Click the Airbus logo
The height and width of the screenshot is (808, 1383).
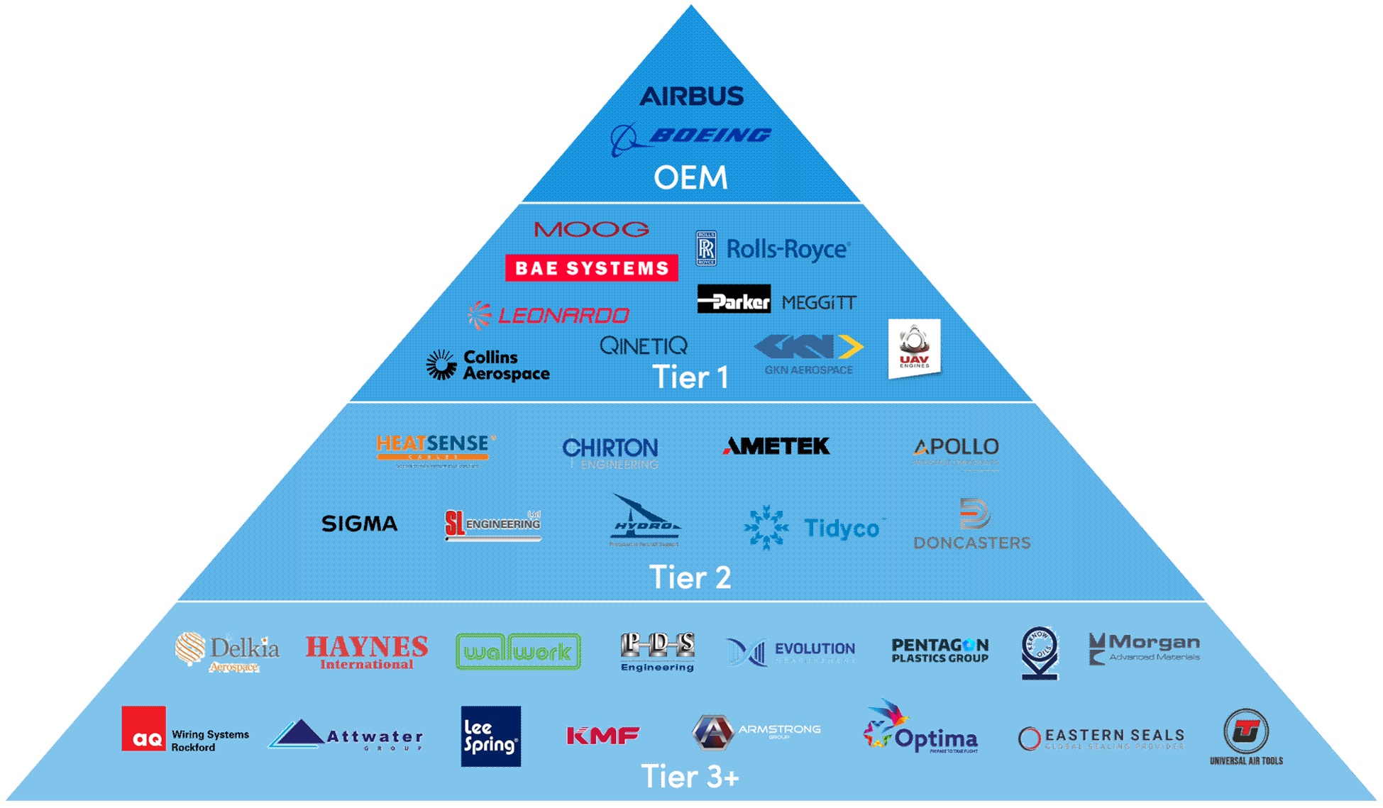(x=691, y=96)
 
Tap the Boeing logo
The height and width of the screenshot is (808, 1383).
(x=691, y=137)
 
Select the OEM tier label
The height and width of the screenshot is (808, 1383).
(x=690, y=177)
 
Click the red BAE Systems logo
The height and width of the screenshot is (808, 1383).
(x=591, y=267)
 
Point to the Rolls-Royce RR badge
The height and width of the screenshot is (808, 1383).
(x=706, y=248)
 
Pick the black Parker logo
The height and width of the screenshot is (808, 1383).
(x=734, y=299)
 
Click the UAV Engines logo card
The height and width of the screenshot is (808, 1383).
(x=914, y=348)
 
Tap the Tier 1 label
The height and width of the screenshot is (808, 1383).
(x=690, y=377)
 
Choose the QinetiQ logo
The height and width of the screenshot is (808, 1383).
(x=643, y=345)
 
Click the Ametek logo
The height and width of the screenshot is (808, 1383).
(x=776, y=446)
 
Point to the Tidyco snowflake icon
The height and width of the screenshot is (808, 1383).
(x=766, y=527)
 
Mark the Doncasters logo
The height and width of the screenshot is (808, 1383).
(x=971, y=525)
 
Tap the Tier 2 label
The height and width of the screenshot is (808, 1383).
(x=690, y=577)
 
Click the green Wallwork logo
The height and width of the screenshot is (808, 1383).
(x=518, y=651)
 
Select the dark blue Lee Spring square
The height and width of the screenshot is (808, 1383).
(x=490, y=736)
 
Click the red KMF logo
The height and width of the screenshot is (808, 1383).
(x=602, y=736)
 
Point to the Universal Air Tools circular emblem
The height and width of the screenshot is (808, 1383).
(x=1245, y=731)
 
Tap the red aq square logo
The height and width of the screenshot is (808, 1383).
(x=143, y=728)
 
